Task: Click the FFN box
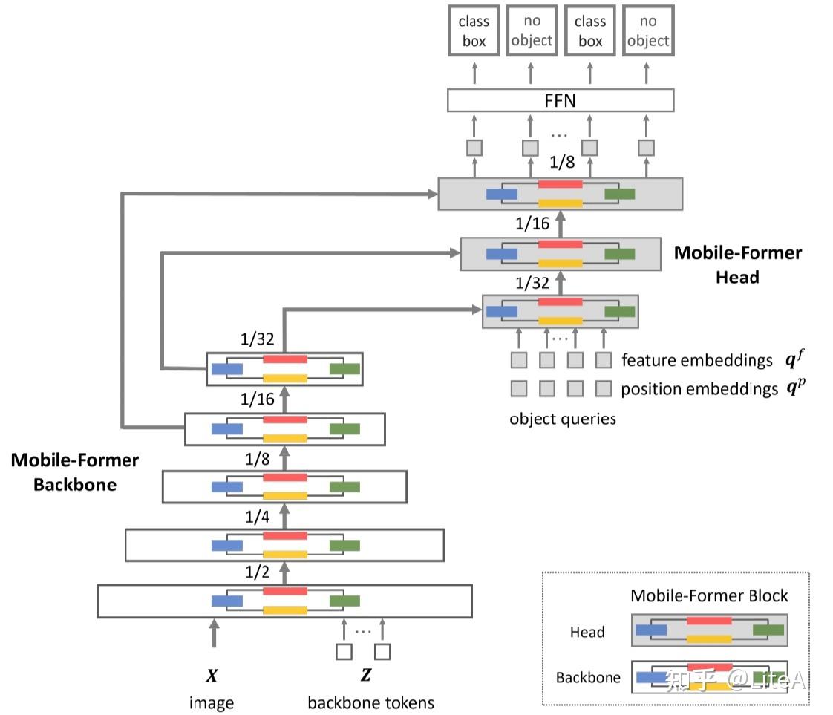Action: [x=561, y=100]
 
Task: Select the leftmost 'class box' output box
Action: [x=474, y=30]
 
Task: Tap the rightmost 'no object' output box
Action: [x=648, y=30]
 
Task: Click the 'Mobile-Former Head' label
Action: [x=738, y=264]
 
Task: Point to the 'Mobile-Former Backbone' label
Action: [x=75, y=471]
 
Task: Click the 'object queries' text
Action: [x=563, y=419]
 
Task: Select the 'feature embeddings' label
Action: [x=697, y=360]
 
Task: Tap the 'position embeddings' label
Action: [x=699, y=389]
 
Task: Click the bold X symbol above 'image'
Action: [x=212, y=675]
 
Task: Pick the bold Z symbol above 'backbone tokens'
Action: [x=366, y=675]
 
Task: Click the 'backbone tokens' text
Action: [x=370, y=703]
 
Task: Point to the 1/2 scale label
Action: [x=257, y=572]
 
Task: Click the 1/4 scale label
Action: [x=257, y=516]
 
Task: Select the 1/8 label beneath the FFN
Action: [x=562, y=162]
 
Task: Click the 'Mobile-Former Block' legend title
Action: [x=709, y=595]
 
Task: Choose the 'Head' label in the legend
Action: [x=587, y=632]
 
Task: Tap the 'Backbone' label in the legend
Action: [x=588, y=677]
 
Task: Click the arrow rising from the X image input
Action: [x=214, y=633]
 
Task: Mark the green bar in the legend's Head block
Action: [x=768, y=630]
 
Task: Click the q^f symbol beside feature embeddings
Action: [x=794, y=359]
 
